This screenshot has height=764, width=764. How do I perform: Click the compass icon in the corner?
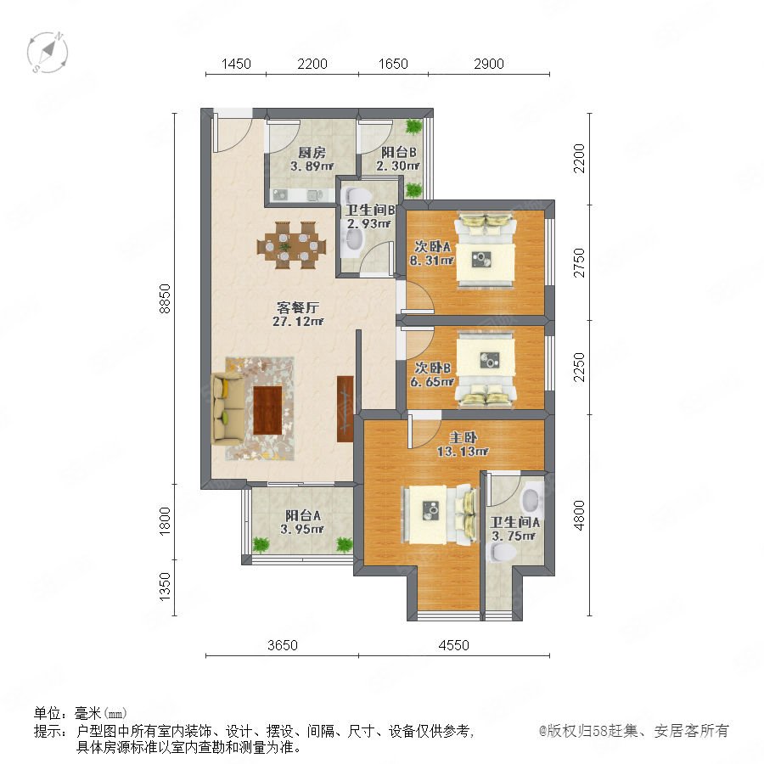point(48,52)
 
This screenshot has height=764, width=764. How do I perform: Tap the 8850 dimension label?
point(166,298)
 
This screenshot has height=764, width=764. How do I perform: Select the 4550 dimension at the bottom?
point(453,645)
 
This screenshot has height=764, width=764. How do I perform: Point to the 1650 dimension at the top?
point(393,64)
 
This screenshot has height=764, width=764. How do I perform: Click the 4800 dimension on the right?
point(579,515)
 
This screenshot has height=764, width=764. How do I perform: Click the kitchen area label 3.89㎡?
point(312,166)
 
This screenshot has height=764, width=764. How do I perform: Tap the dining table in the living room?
point(292,245)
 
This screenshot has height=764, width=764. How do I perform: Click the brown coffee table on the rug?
point(267,410)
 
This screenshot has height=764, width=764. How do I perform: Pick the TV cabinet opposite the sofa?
point(345,409)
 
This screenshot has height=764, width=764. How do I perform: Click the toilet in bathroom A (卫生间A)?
point(503,552)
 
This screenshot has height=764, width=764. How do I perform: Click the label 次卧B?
point(433,368)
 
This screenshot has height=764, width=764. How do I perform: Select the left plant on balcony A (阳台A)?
point(261,544)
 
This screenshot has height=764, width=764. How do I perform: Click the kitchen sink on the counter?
point(280,195)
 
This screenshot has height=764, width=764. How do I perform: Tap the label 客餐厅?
point(298,307)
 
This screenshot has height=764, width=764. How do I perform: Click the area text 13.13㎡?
point(463,452)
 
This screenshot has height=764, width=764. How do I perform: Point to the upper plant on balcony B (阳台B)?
point(413,126)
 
